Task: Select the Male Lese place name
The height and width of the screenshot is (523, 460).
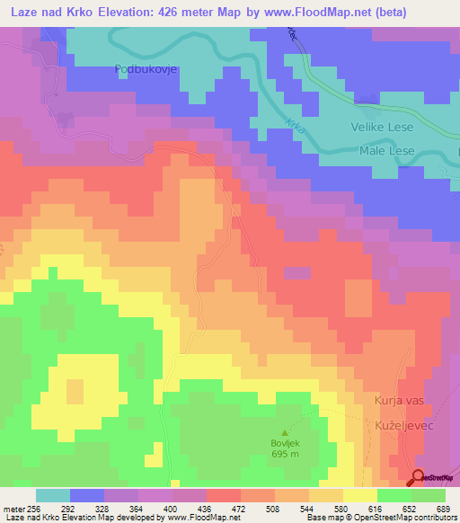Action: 387,151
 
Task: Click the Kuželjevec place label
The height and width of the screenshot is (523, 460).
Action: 399,420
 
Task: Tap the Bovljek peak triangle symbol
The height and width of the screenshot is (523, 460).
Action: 287,433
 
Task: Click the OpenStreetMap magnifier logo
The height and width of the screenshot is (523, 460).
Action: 418,477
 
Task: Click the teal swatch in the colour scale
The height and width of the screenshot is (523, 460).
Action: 53,495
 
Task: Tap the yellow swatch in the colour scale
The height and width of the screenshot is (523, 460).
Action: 360,495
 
